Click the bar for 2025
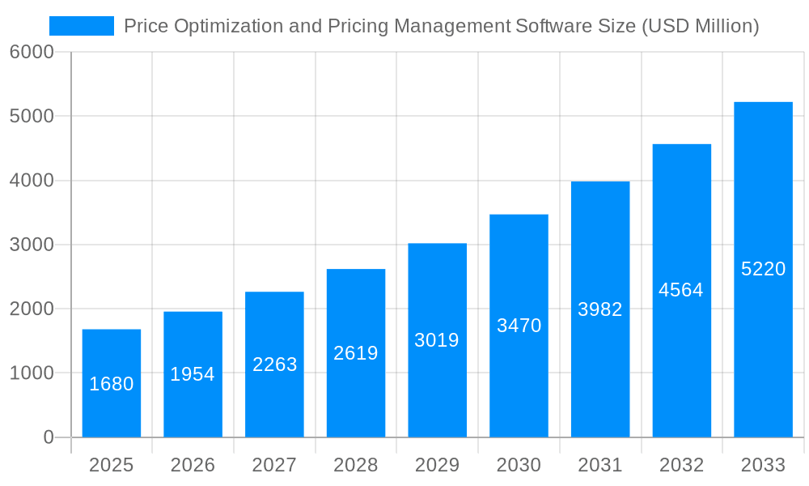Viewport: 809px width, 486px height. pos(112,383)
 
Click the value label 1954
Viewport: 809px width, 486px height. pos(193,374)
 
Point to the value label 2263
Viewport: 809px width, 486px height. pos(275,364)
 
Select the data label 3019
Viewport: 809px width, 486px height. pos(437,340)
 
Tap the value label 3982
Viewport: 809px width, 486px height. pos(600,309)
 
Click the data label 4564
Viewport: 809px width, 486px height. pos(681,290)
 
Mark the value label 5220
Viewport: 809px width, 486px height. pos(763,269)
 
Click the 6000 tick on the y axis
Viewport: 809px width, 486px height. pos(32,52)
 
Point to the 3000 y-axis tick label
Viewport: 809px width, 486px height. pos(32,245)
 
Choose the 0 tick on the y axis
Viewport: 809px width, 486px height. pos(48,437)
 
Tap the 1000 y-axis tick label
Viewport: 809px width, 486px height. pos(32,373)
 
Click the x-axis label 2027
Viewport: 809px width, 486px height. pos(274,465)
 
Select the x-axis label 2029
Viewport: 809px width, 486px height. pos(437,465)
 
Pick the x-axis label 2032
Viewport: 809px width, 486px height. pos(681,465)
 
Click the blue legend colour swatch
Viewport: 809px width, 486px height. pos(82,26)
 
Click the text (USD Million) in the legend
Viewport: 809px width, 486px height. pos(700,26)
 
